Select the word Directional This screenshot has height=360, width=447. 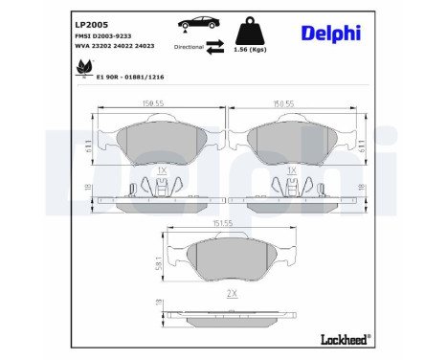coord(189,45)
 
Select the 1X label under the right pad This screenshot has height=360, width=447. coord(291,169)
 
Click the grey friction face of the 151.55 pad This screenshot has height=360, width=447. coord(227,259)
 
